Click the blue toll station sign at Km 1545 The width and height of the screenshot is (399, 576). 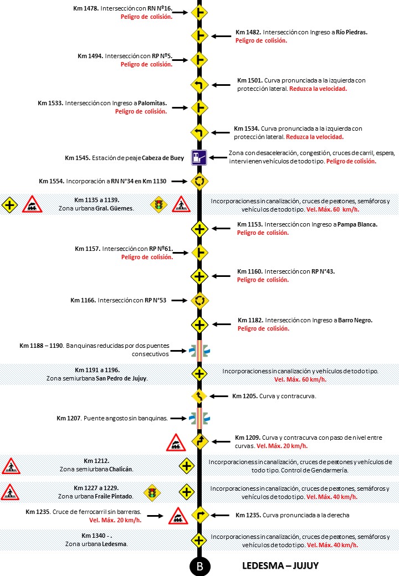[199, 158]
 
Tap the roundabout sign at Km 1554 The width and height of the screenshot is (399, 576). [199, 181]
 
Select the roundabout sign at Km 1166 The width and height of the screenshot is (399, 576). [199, 300]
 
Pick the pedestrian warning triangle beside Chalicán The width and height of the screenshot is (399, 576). [11, 466]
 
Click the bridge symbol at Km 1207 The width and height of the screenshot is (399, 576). [199, 418]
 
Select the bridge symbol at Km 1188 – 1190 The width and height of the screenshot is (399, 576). [199, 350]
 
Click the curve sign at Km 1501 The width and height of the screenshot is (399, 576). [199, 84]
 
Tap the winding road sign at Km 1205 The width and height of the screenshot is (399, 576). [199, 396]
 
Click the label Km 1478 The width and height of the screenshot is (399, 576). [86, 9]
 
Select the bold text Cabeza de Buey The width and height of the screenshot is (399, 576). [162, 158]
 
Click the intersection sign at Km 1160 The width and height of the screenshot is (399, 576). [199, 276]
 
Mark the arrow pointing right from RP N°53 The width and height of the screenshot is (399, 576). [178, 301]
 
